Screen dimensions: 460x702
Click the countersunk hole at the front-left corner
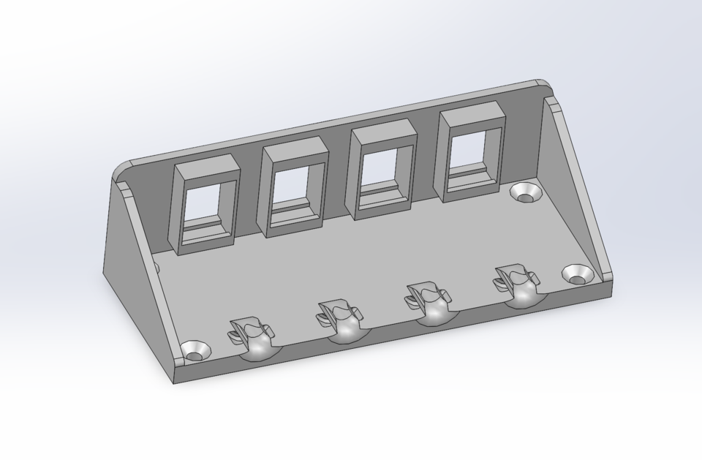195,349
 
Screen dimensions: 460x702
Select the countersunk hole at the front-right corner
578,274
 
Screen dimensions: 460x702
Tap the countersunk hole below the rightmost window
525,192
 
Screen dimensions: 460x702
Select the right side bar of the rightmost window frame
499,146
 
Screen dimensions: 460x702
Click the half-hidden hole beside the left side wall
156,265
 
